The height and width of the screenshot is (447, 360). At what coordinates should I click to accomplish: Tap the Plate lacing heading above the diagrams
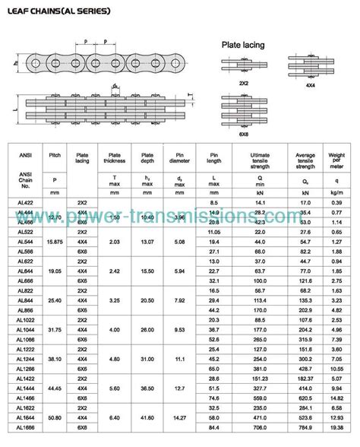pos(242,46)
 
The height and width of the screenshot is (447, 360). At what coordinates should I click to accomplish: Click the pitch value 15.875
pos(54,242)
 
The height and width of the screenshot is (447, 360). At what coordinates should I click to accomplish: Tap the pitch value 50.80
pos(54,417)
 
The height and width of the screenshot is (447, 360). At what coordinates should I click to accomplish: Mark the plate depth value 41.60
pos(148,417)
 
